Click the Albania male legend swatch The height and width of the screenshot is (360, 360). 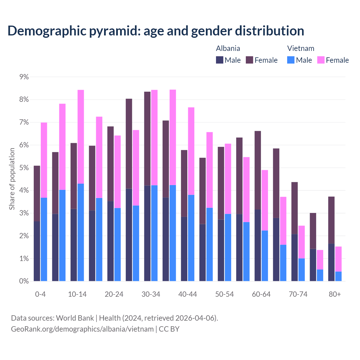point(220,60)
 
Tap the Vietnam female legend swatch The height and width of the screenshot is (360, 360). point(321,60)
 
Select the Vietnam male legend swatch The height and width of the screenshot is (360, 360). point(291,60)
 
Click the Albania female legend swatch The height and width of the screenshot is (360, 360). point(249,60)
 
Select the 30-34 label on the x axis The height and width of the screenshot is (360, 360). point(151,294)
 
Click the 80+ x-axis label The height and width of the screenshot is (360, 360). point(335,294)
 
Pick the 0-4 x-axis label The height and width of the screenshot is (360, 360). point(40,294)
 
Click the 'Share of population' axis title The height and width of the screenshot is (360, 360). point(12,179)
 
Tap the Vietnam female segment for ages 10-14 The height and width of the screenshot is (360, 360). point(81,137)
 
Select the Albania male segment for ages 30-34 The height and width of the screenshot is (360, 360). point(147,233)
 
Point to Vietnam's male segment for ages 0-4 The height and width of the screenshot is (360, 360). point(44,239)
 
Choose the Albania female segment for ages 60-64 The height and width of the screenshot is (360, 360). point(258,170)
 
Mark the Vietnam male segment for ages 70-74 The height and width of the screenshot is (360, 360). point(301,270)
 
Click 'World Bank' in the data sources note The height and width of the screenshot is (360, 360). point(75,318)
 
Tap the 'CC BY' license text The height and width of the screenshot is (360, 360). point(169,329)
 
